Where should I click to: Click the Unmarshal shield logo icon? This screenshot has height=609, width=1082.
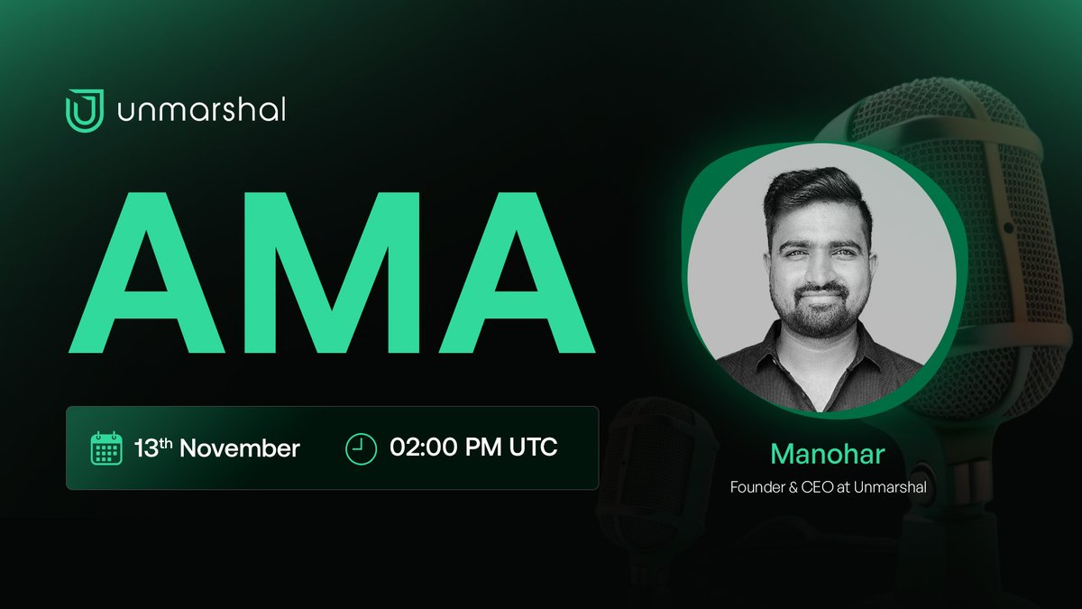pos(85,110)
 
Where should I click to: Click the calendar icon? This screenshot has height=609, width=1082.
pos(106,448)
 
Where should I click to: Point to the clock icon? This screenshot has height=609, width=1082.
pos(361,448)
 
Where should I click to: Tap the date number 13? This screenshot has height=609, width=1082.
pos(147,448)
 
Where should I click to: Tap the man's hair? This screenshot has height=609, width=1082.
pos(816,194)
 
